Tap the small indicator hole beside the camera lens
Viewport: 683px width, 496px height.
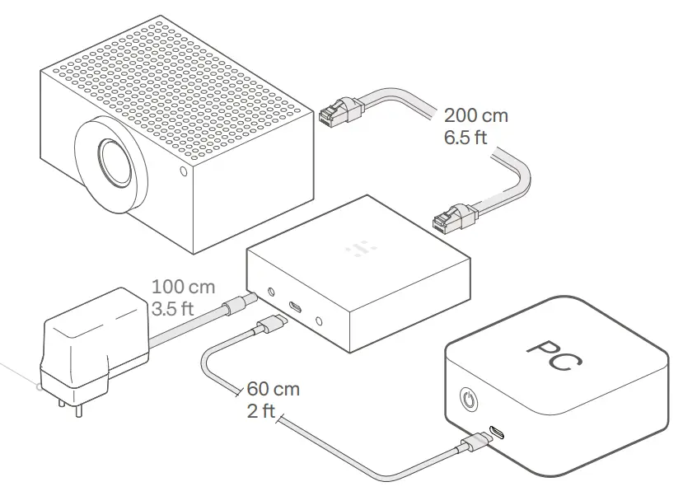click(183, 172)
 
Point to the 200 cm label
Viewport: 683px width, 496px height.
click(475, 115)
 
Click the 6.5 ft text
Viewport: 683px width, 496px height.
click(465, 137)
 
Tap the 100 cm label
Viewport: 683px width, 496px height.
click(183, 288)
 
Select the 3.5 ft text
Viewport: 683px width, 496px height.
click(174, 309)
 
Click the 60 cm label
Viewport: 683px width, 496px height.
click(273, 388)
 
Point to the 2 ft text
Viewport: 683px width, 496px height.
click(260, 410)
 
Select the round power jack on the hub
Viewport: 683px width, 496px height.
click(271, 292)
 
